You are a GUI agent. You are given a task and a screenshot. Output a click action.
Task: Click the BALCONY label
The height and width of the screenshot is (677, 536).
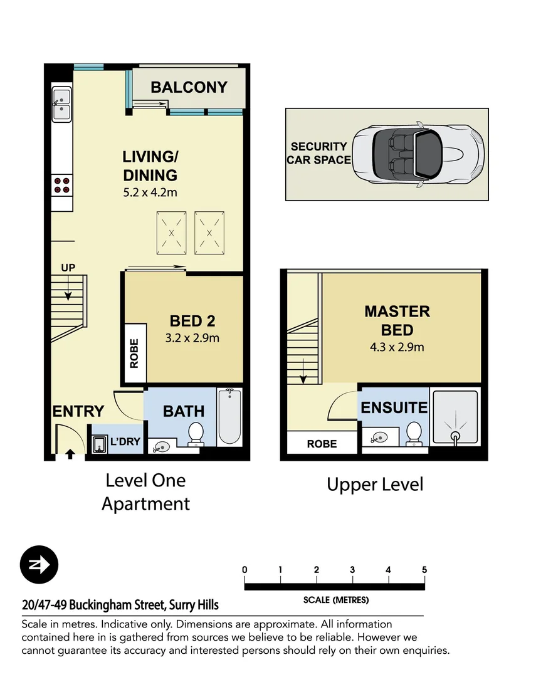189,87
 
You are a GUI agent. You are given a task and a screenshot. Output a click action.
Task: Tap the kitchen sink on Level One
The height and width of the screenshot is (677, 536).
61,105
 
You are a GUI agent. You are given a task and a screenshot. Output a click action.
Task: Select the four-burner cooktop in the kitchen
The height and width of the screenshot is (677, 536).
62,185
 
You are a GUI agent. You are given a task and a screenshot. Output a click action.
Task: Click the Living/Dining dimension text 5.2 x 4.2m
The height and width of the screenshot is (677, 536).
150,192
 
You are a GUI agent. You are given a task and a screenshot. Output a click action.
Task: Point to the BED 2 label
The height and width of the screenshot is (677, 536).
192,321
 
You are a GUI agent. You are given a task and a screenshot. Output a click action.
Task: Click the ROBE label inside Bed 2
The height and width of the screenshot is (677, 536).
134,353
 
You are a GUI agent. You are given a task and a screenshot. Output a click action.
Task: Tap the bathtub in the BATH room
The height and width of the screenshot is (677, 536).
229,416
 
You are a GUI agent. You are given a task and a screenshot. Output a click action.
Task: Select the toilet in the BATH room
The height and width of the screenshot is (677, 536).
196,434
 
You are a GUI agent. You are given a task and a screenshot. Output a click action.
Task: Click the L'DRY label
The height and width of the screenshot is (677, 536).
125,441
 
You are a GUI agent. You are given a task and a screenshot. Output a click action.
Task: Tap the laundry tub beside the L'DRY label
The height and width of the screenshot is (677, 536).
100,444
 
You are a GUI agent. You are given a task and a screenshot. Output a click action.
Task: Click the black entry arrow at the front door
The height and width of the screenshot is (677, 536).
70,454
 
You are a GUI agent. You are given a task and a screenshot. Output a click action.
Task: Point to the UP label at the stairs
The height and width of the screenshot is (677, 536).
68,268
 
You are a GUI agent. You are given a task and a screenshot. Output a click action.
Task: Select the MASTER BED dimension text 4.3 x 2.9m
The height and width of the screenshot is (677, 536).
397,347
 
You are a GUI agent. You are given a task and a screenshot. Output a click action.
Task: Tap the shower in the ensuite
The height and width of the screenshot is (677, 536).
456,417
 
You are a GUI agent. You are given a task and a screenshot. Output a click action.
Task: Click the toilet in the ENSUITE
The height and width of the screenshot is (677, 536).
414,434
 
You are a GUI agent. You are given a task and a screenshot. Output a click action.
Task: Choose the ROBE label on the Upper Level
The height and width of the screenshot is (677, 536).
322,444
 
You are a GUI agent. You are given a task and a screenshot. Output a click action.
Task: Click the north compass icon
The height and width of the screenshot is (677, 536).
39,564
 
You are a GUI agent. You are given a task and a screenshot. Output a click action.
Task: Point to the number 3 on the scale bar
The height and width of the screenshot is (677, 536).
352,570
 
